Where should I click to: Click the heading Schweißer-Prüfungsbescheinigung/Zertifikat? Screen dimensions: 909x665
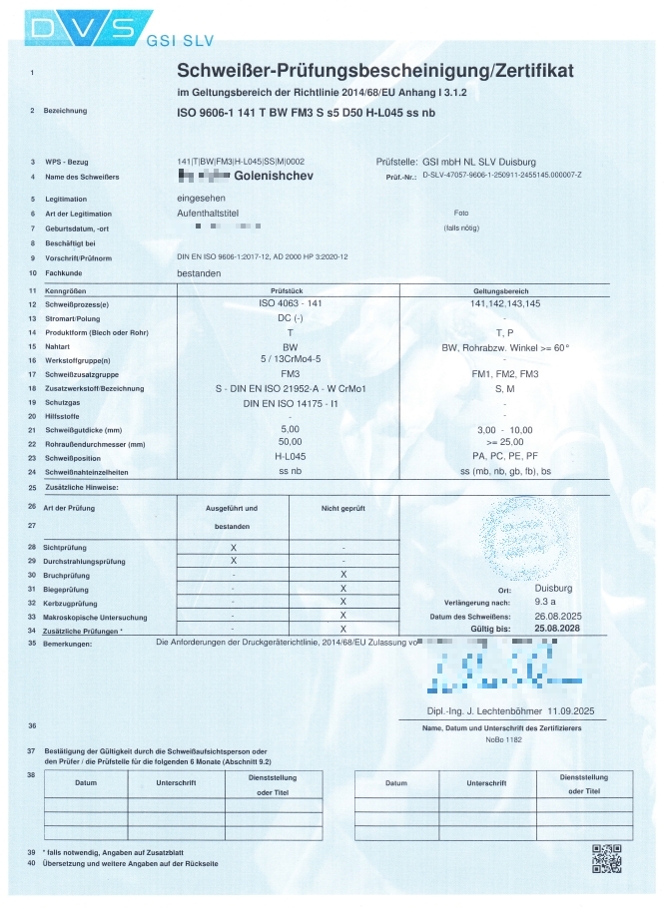pos(374,71)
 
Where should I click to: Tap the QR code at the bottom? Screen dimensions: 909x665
pos(606,858)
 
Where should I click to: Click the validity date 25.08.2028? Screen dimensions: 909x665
pos(558,630)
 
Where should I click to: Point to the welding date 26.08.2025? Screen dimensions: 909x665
pos(558,616)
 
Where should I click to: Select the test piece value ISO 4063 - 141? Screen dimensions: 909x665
pos(289,302)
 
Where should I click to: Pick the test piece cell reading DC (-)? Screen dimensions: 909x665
pos(289,316)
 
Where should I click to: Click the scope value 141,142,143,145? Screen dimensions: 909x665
pos(504,302)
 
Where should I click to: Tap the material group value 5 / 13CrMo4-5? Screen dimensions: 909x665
pos(289,358)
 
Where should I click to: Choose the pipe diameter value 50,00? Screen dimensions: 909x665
pos(289,441)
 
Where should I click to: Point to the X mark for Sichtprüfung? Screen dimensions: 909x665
pos(233,547)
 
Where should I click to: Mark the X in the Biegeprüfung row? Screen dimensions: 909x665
pos(342,589)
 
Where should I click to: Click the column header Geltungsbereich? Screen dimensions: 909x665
pos(504,289)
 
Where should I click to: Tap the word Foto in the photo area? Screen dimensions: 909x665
pos(460,214)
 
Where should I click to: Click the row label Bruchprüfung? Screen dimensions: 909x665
pos(67,576)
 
